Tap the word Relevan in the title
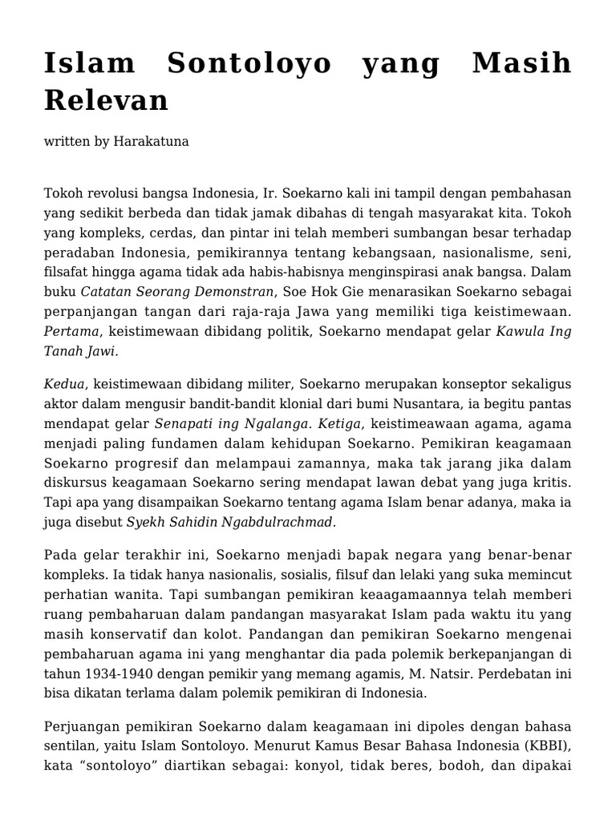106,99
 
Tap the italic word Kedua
63,385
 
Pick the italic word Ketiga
341,424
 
